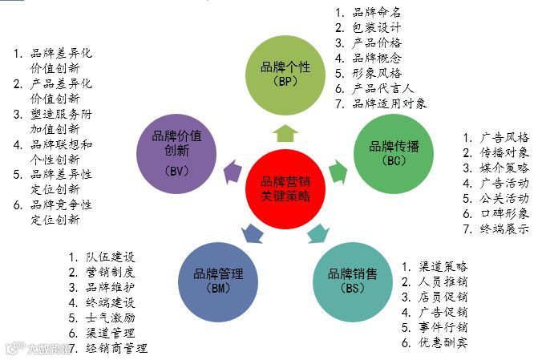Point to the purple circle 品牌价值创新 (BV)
pyautogui.click(x=176, y=151)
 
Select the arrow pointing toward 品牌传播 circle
pyautogui.click(x=338, y=169)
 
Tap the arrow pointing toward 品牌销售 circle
pyautogui.click(x=318, y=233)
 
